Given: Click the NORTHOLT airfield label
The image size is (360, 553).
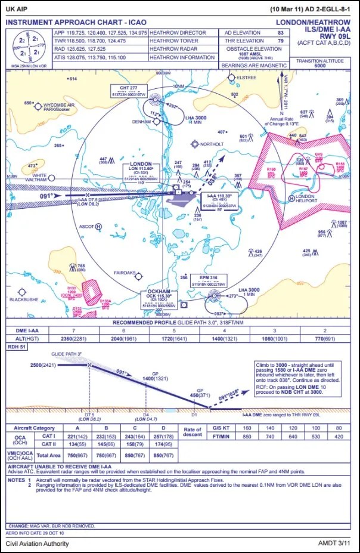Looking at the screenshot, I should pos(213,144).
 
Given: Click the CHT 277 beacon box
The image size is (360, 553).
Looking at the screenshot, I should pos(129,91).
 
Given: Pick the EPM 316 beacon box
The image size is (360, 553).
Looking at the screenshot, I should pos(209,281).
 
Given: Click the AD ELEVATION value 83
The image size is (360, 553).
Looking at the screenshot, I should pos(280,33).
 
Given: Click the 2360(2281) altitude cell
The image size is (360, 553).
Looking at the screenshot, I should pos(74,339).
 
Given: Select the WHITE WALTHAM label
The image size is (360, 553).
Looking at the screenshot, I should pos(40,178).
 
